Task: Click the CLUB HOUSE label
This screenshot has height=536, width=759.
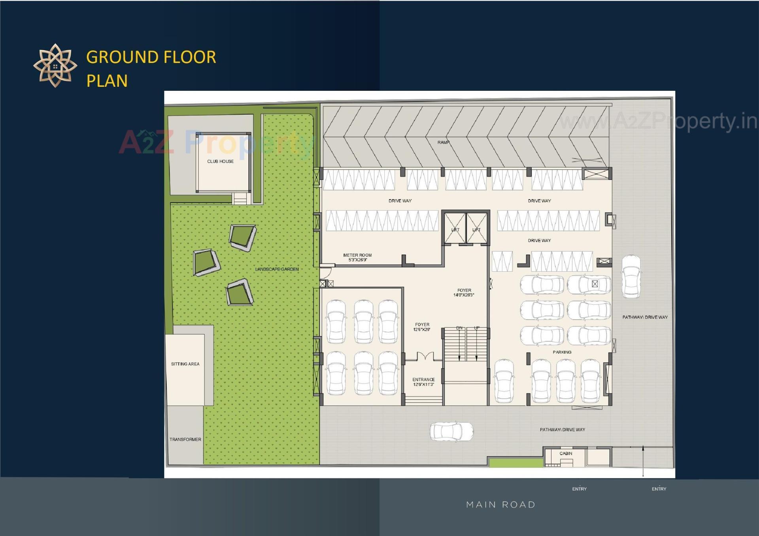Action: coord(220,161)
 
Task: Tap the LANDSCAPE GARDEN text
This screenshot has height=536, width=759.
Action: coord(277,269)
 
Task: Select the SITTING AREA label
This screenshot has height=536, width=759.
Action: coord(185,364)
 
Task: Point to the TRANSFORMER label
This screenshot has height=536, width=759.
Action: coord(185,439)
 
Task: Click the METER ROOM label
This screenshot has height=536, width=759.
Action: coord(357,255)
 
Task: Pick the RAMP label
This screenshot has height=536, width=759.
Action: coord(443,142)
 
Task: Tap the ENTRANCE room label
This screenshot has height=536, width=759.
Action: coord(423,380)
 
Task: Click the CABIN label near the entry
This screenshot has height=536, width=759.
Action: coord(566,453)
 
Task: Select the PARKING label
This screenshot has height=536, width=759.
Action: coord(562,352)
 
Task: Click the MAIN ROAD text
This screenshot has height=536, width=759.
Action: coord(500,504)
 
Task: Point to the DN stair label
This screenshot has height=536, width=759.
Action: coord(459,328)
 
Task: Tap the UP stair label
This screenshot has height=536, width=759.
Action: coord(477,328)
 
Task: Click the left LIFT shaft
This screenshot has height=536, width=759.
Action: coord(455,229)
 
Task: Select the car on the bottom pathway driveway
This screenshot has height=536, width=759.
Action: coord(451,431)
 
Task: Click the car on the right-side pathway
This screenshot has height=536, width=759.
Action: coord(631,276)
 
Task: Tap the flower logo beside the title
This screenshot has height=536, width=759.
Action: coord(55,66)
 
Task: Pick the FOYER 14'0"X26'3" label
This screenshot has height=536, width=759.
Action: coord(464,292)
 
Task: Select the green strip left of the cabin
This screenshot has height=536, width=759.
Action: coord(515,462)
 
